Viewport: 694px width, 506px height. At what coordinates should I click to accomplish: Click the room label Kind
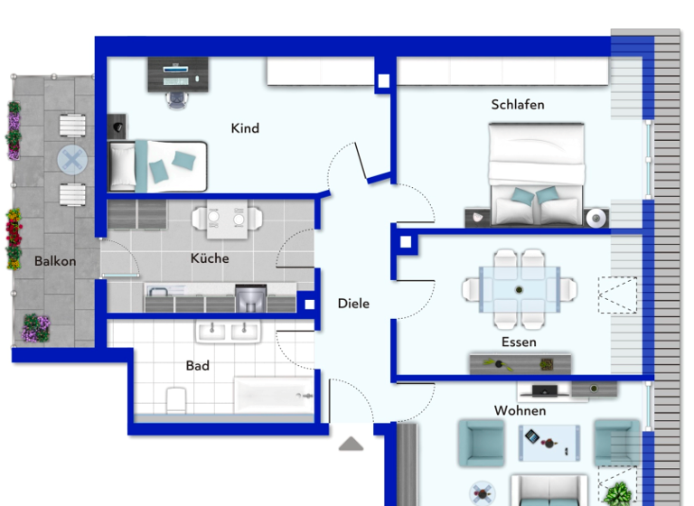point(245,128)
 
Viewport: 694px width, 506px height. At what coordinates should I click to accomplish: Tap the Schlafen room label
point(518,105)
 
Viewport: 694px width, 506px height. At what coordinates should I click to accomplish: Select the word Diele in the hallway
point(353,304)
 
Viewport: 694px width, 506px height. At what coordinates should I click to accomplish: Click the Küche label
point(210,258)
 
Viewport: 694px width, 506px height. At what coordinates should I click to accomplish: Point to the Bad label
point(198,366)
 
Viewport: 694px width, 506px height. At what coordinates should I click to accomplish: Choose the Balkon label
point(55,261)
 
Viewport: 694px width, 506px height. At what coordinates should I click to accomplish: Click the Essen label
point(519,342)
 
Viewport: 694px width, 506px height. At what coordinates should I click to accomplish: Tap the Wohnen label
point(520,411)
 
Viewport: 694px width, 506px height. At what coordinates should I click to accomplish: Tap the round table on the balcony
point(72,161)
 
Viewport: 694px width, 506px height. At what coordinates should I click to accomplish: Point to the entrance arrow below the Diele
point(351,444)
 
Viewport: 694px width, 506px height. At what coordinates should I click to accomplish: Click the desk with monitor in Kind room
point(177,74)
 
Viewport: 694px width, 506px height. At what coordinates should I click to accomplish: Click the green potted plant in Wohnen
point(619,494)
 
